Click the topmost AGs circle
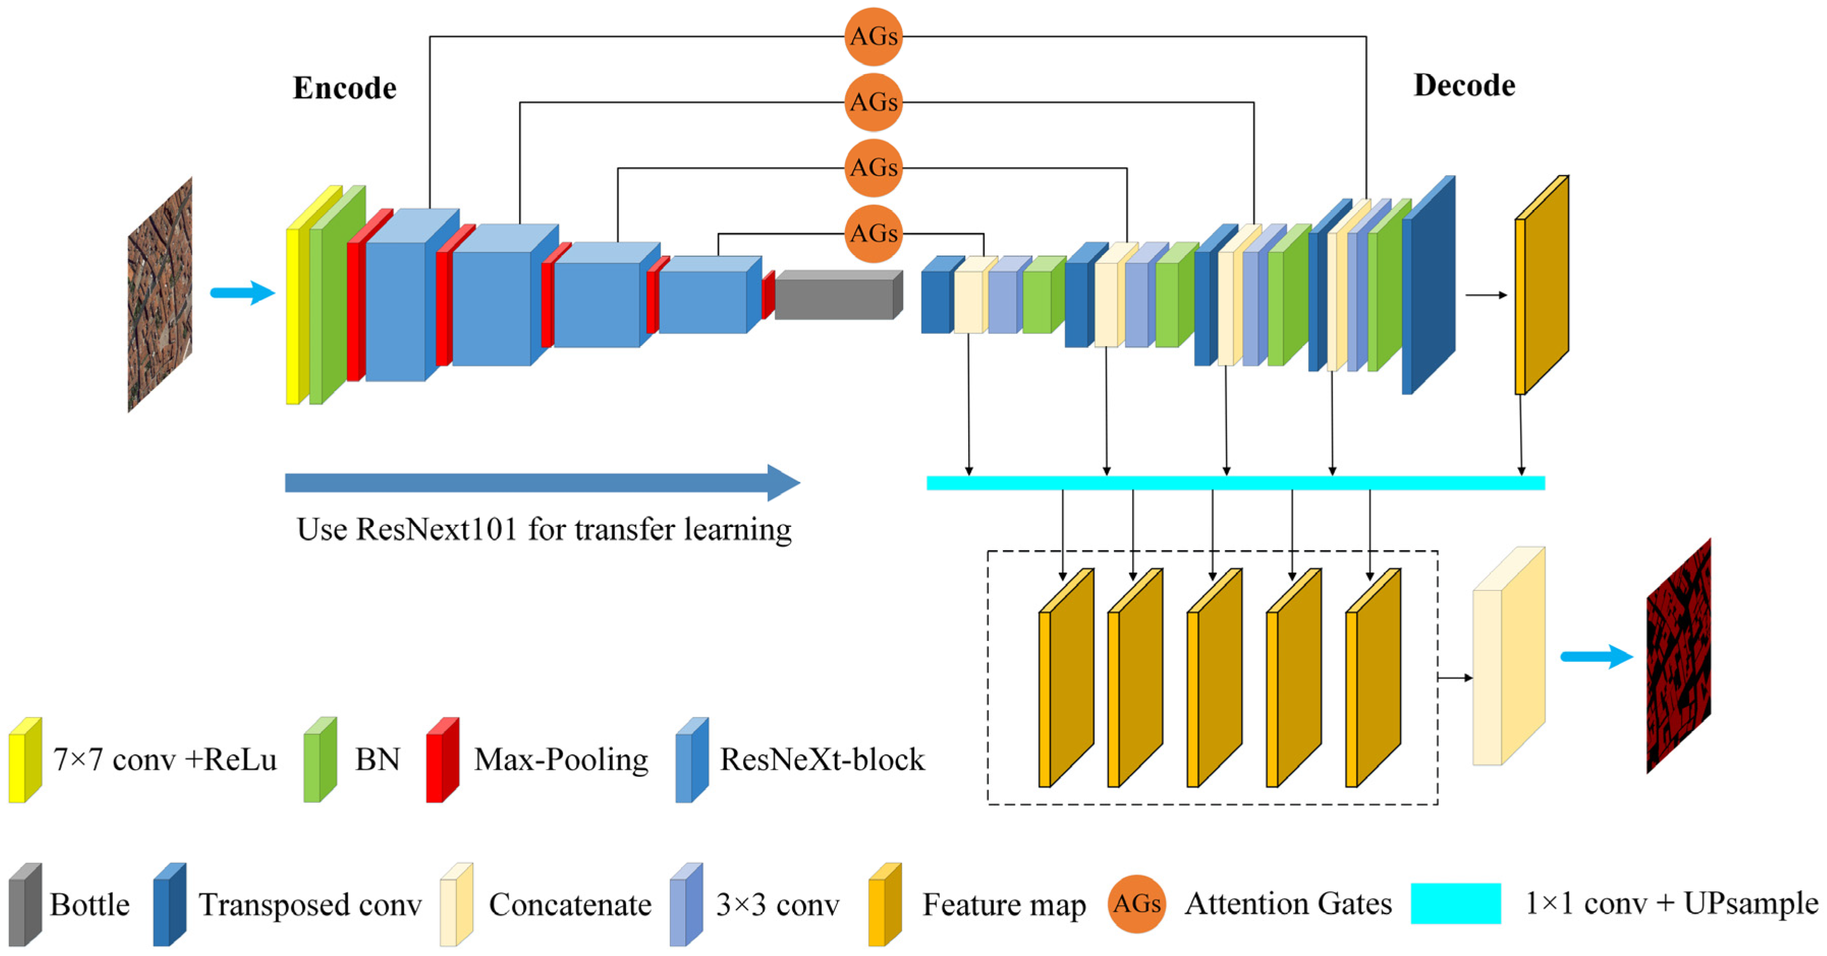873,36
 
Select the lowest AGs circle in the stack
873,233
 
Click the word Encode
345,88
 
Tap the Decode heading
1464,85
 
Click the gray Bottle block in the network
837,296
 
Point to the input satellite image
160,294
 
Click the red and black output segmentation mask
1678,657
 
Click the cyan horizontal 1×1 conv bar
1234,483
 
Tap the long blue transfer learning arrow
539,483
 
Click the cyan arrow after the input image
242,292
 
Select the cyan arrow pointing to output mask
1596,657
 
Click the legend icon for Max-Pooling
442,760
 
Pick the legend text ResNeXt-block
822,760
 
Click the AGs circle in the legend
1136,904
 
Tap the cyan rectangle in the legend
1455,904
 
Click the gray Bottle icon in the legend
25,905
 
